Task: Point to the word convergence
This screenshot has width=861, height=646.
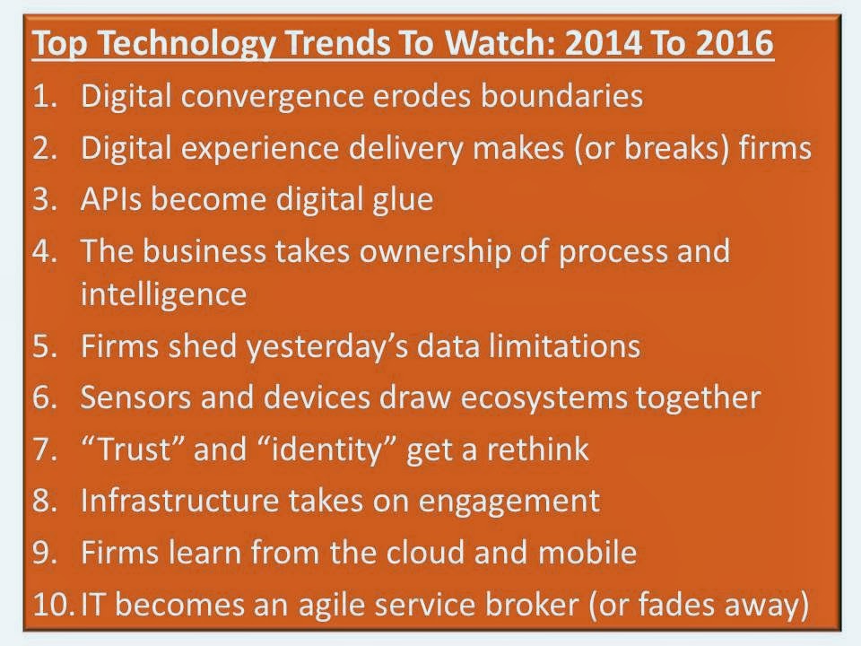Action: (272, 98)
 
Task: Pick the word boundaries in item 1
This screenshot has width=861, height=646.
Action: (561, 96)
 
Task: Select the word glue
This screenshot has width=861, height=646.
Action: (403, 200)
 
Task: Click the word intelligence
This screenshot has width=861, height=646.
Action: (163, 295)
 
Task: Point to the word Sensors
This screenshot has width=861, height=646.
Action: (135, 397)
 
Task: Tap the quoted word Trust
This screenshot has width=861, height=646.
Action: (134, 449)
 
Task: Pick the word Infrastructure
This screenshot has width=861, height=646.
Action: (179, 501)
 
